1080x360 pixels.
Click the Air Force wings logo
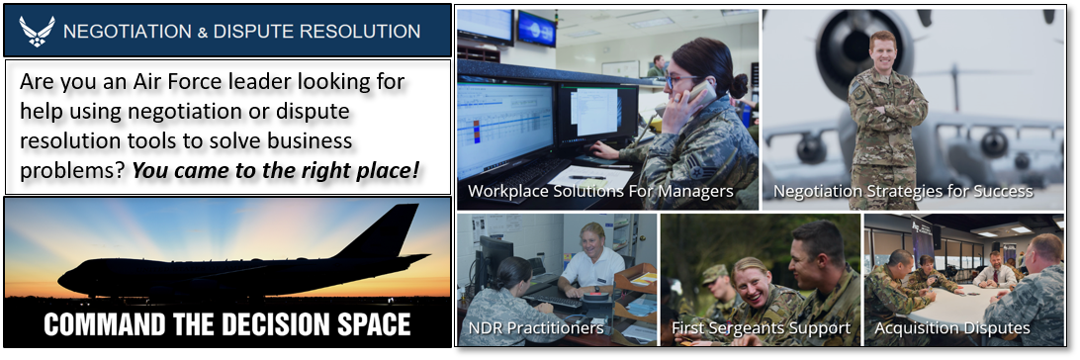[37, 32]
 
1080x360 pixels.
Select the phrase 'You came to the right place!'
[276, 169]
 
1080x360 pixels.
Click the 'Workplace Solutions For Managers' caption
[600, 191]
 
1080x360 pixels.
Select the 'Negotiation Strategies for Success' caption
[903, 191]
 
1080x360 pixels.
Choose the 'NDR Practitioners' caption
[536, 327]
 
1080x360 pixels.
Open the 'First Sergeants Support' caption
[762, 327]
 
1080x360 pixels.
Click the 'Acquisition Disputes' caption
[952, 327]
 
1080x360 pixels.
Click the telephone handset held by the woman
[697, 95]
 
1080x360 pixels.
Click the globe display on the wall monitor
[537, 29]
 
